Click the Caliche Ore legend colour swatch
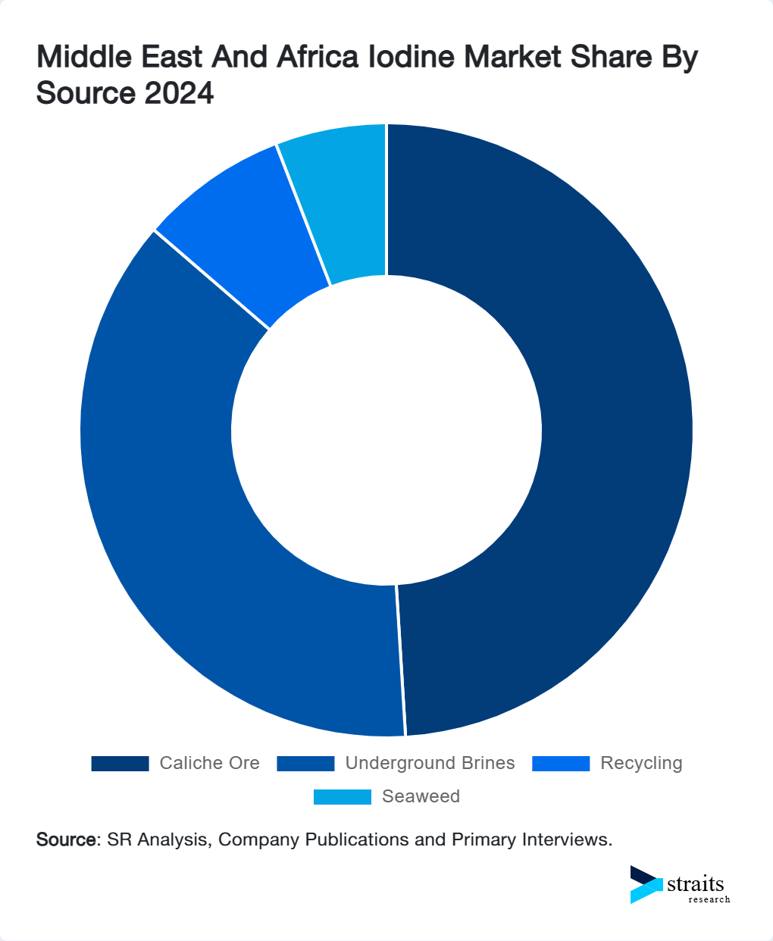pos(120,764)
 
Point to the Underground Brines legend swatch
pos(305,764)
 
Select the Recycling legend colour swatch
pos(561,764)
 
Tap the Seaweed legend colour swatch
pos(343,797)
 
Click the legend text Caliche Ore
pos(209,764)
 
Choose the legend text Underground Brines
pos(430,764)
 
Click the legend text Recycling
pos(641,764)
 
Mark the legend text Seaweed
pos(421,797)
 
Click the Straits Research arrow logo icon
pos(646,884)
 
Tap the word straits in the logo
pos(696,883)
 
